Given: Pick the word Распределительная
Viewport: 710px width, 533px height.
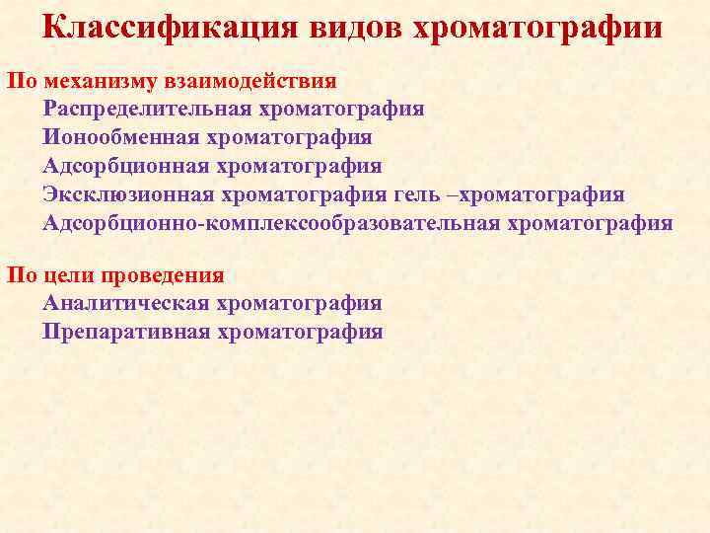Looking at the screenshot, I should tap(148, 110).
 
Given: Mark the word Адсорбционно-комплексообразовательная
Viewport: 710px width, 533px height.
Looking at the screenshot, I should tap(271, 223).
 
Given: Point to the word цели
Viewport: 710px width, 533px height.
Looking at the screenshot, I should tap(68, 275).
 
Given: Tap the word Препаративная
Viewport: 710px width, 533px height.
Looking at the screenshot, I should tap(126, 333).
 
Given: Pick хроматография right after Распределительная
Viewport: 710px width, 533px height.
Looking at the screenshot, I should tap(341, 110).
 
